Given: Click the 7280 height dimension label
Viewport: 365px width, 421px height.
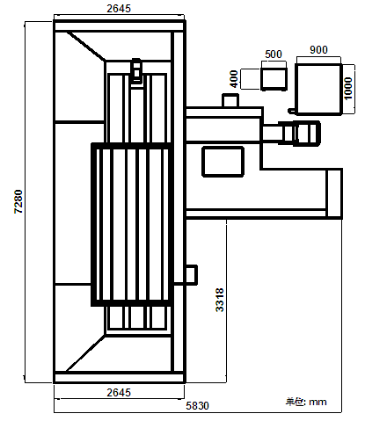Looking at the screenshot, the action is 18,201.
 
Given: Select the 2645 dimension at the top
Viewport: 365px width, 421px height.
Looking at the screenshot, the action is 119,9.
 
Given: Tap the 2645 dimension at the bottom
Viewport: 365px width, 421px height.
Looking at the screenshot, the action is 119,393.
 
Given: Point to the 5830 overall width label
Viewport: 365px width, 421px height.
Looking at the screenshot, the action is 197,406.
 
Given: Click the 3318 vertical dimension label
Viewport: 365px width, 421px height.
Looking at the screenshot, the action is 220,300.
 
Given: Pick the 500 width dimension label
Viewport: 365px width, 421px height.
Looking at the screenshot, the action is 274,54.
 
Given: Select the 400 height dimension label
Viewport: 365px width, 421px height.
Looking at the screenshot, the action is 234,79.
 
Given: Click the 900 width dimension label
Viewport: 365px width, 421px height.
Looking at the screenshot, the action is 318,50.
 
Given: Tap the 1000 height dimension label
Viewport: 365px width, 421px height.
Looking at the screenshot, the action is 347,89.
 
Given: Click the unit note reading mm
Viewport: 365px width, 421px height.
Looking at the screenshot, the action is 318,402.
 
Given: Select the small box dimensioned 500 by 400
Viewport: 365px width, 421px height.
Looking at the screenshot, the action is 274,79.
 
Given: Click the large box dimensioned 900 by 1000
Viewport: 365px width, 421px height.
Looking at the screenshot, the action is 318,90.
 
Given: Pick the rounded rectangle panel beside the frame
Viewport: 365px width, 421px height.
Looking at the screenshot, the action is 223,162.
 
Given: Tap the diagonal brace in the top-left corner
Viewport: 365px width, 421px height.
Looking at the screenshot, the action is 86,47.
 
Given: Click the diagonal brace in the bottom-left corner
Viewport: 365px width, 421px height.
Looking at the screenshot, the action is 85,353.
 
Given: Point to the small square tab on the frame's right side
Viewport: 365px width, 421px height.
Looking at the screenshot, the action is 192,275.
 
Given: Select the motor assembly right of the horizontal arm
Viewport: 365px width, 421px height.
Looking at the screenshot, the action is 299,133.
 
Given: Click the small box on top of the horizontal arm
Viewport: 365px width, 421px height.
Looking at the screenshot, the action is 230,100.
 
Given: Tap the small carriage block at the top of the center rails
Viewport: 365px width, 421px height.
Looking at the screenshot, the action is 136,71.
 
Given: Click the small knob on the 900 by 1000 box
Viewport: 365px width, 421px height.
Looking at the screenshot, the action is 292,111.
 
